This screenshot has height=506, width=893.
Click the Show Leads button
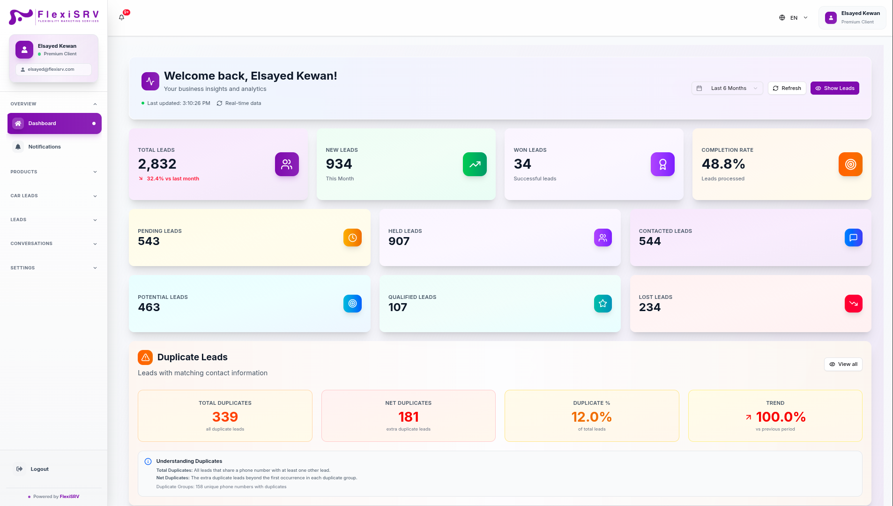[x=834, y=88]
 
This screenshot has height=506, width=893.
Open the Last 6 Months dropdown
[x=727, y=88]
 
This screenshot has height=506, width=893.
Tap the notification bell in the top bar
[x=122, y=17]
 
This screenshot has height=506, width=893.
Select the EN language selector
[x=794, y=18]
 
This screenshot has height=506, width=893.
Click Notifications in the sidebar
[x=45, y=147]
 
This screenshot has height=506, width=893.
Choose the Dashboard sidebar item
[x=54, y=123]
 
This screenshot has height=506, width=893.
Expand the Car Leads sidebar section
[x=54, y=196]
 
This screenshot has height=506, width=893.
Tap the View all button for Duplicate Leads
[x=843, y=364]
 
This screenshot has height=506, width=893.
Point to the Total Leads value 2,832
[x=157, y=164]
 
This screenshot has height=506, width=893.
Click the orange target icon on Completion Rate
[x=850, y=164]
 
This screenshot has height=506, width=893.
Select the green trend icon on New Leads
[x=475, y=164]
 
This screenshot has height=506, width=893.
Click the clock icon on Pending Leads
[x=352, y=238]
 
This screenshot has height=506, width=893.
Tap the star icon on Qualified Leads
[x=603, y=304]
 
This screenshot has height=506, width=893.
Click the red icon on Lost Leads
[x=854, y=304]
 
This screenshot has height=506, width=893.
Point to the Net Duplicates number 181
[x=409, y=417]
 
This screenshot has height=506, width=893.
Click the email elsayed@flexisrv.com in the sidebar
[x=51, y=69]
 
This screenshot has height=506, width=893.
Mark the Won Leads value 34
[x=522, y=164]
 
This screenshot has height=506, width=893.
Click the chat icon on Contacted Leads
[x=854, y=238]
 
